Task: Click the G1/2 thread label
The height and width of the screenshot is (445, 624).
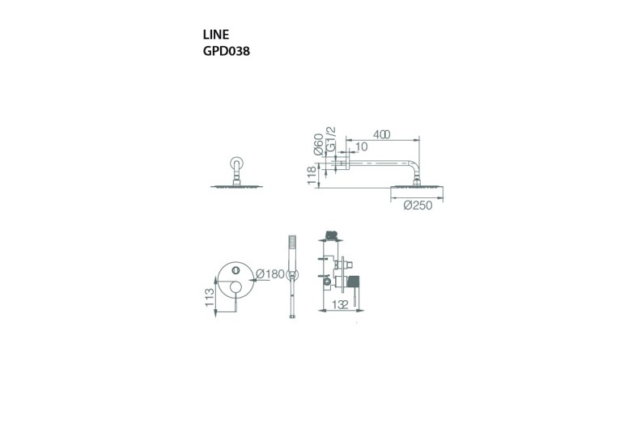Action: coord(331,139)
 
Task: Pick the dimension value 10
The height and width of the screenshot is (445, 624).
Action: coord(361,148)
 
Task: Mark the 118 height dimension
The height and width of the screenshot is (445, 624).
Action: coord(311,176)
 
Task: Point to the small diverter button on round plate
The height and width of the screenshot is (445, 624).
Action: coord(235,269)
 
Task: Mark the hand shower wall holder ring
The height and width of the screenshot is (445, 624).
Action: coord(293,274)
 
